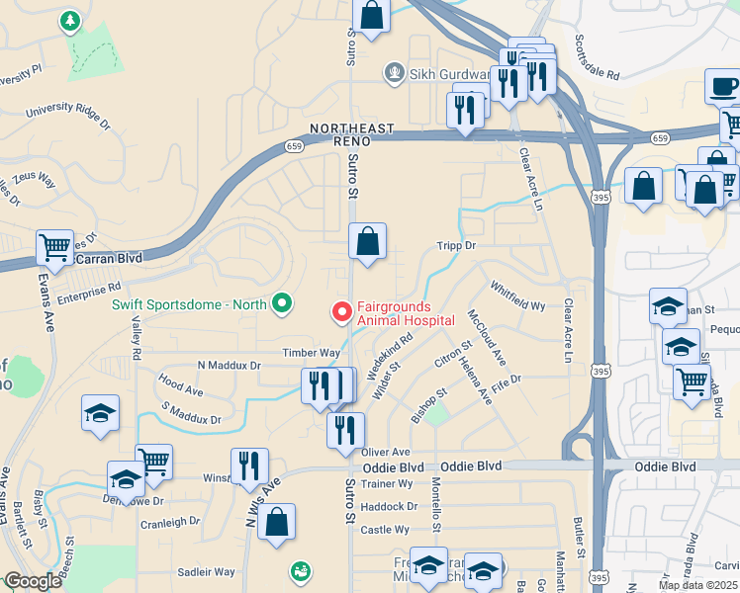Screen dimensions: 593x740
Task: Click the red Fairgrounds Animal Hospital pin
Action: pos(342,312)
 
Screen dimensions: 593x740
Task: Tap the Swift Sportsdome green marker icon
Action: pos(282,303)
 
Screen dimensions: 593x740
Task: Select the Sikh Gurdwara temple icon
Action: pos(396,72)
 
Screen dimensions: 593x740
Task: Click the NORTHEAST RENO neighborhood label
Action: pos(352,134)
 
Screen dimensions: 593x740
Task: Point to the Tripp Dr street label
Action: pos(456,245)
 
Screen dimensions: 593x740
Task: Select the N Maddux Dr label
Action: pos(229,366)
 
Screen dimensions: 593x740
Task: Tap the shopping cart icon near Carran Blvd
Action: pos(54,247)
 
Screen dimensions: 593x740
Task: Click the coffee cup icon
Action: pos(722,87)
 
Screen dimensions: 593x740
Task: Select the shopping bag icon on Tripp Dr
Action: pos(367,241)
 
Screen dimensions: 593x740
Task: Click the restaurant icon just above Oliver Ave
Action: pos(345,430)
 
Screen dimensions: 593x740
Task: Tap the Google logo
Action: pos(32,582)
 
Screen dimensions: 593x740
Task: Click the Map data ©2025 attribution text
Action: pos(698,585)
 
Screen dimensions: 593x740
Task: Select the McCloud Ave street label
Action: pos(487,339)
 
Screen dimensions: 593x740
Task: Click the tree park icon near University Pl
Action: pos(70,20)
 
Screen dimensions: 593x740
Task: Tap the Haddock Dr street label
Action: pos(389,506)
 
